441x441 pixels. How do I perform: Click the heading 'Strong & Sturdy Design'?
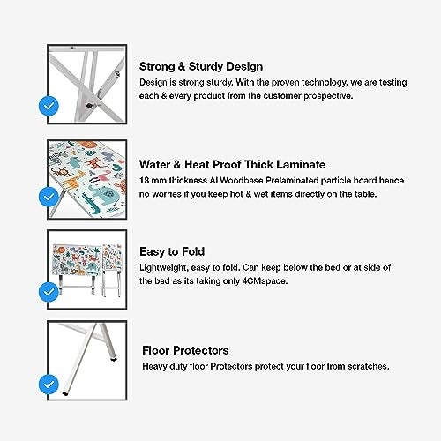tap(201, 67)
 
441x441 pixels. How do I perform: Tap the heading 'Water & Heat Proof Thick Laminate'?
tap(232, 164)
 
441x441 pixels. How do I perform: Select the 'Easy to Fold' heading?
tap(172, 251)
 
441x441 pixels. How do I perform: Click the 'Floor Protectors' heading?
tap(185, 350)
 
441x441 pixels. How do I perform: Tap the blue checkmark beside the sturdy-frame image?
tap(49, 106)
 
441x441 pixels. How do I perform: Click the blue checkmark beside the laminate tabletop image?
tap(49, 197)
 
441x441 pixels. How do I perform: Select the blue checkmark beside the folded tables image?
tap(49, 292)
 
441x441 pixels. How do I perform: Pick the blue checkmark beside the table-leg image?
tap(49, 385)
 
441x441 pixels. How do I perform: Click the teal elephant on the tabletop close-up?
tap(102, 193)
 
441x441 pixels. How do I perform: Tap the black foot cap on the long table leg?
tap(64, 393)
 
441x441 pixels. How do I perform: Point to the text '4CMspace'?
tap(265, 281)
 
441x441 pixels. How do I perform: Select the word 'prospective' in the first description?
tap(328, 96)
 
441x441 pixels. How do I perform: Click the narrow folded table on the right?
tap(112, 270)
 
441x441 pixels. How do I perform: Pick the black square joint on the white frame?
tap(89, 105)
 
